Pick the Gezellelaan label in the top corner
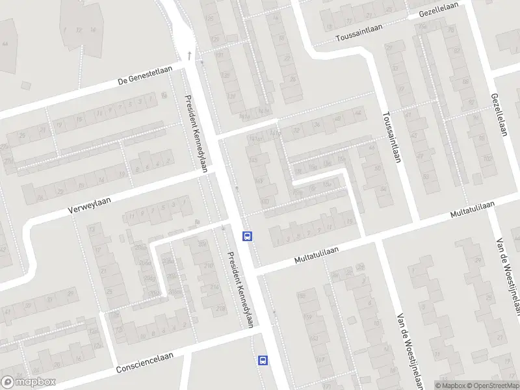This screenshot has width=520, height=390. tap(439, 8)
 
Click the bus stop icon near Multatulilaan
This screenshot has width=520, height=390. tap(247, 236)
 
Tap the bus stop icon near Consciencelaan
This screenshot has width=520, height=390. tap(263, 359)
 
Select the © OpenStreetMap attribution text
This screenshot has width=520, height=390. tap(491, 385)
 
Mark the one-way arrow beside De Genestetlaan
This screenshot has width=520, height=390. tap(189, 55)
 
